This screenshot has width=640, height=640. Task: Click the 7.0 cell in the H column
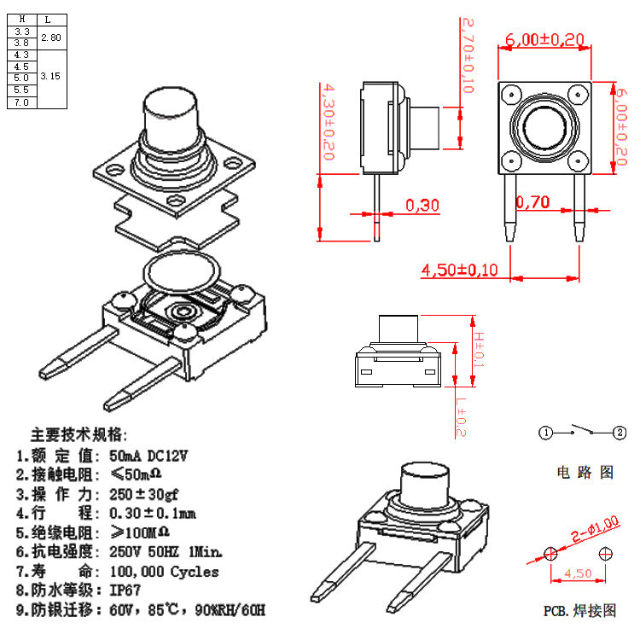point(21,102)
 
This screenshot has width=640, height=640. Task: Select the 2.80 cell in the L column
point(50,37)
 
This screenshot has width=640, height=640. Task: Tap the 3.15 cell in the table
point(50,76)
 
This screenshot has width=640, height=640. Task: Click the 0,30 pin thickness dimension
point(422,205)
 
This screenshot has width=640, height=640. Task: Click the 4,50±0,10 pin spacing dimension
point(459,270)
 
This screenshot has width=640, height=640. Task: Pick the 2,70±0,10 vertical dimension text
point(468,55)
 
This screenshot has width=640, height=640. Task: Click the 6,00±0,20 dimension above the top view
point(544,39)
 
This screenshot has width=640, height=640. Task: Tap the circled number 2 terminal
point(620,433)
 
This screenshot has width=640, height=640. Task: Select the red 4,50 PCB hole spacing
point(577,573)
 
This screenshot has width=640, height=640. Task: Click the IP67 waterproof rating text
point(126,590)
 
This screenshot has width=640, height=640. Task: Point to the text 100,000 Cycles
point(164,572)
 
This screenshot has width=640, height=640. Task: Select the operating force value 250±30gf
point(146,494)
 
